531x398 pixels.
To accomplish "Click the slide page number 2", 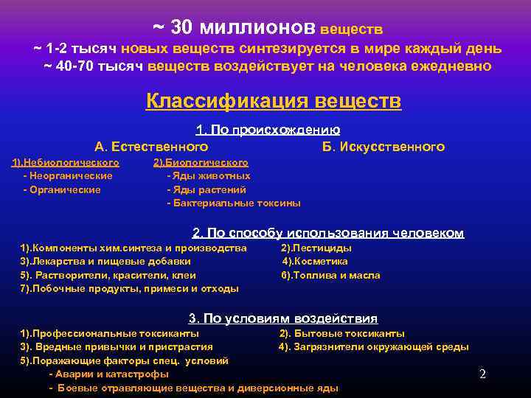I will [x=482, y=374].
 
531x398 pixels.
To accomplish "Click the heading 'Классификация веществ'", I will [x=273, y=100].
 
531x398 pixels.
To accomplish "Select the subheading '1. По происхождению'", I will [x=268, y=130].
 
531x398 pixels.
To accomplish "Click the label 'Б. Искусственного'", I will [x=383, y=147].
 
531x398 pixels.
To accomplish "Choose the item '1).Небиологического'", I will [x=66, y=162].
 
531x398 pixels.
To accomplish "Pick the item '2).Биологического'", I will [x=201, y=162].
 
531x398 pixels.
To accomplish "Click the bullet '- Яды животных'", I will [x=209, y=176].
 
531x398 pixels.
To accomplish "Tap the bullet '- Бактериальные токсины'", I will [x=234, y=203].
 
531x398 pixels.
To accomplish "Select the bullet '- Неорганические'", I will [x=68, y=176].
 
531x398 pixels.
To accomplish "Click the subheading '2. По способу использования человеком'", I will [x=328, y=233].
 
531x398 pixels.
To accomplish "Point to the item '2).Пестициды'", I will [x=316, y=248].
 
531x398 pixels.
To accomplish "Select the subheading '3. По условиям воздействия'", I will [x=283, y=318].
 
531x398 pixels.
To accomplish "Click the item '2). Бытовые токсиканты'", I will [x=341, y=333].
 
